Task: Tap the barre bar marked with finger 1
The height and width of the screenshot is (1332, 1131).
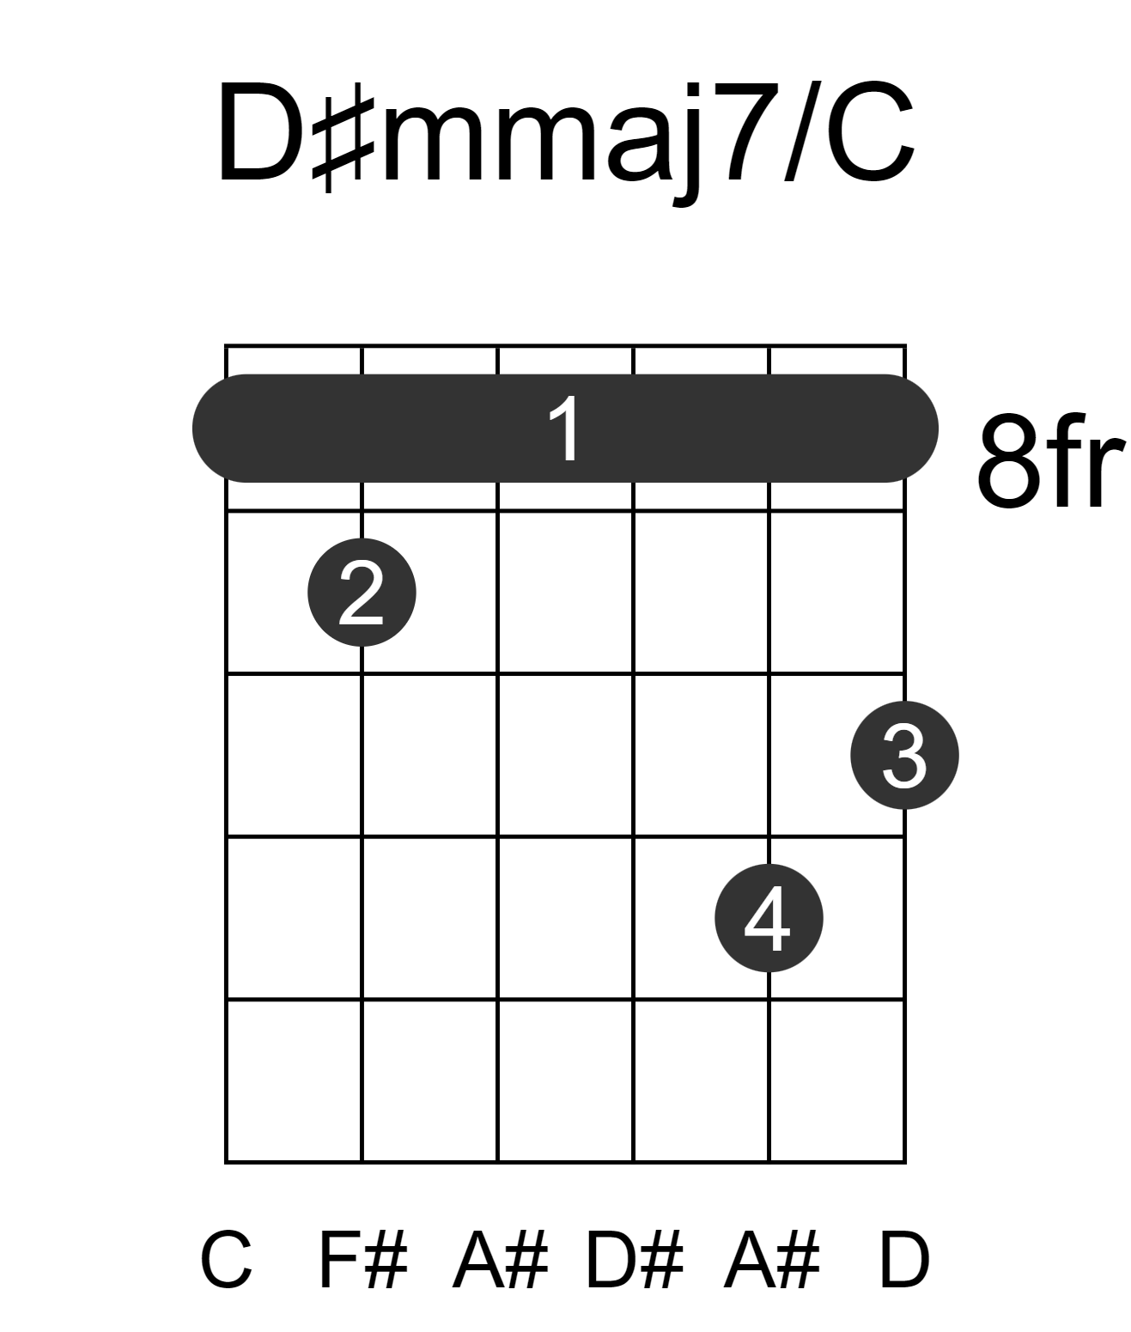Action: [565, 428]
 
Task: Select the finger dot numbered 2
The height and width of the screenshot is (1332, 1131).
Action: [362, 593]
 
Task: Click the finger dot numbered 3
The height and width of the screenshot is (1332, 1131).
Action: [905, 755]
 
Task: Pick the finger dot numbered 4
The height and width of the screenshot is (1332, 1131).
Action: [769, 918]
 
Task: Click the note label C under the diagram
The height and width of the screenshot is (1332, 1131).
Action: [226, 1260]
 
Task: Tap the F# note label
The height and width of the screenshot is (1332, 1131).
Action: [363, 1260]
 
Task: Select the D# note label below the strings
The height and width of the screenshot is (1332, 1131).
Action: [634, 1260]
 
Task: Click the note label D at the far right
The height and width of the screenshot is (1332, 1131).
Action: [905, 1260]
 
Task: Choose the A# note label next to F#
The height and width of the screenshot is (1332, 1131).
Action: [500, 1260]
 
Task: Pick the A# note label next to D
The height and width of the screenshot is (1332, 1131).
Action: [771, 1260]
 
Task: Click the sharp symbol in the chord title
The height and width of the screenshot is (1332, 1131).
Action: [343, 143]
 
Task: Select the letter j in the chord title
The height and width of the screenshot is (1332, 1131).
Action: [687, 144]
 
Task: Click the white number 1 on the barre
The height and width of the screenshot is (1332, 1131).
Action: [565, 429]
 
